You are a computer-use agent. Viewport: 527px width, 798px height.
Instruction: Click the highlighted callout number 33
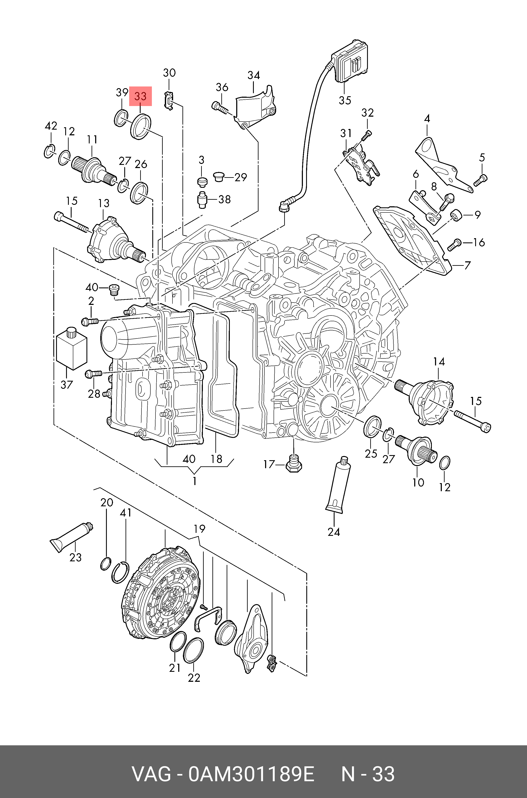tap(140, 96)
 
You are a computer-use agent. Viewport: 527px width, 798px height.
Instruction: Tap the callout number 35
tap(345, 100)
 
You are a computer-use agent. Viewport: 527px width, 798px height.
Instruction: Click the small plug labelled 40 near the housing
tap(114, 290)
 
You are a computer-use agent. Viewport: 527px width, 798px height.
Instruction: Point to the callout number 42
tap(51, 126)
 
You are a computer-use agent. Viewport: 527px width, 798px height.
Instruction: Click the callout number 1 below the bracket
tap(195, 481)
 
